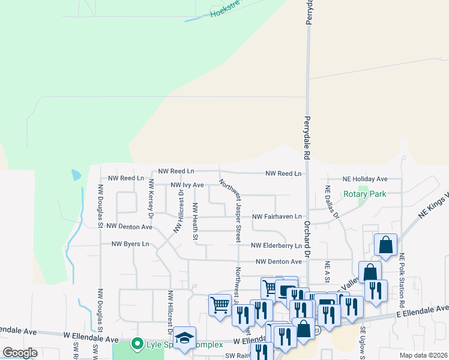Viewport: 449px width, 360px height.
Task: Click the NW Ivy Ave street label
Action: [187, 185]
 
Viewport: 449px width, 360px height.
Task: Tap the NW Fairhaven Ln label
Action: [276, 217]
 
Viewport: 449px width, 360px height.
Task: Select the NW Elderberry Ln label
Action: [276, 245]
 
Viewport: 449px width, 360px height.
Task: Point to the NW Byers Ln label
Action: [130, 244]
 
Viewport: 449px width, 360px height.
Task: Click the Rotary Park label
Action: [364, 194]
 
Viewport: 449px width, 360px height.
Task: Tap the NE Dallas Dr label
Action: [332, 202]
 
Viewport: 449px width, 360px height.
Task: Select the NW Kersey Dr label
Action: [151, 198]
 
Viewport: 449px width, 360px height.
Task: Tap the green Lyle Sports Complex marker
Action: [137, 344]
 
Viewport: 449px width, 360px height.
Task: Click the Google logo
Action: [20, 353]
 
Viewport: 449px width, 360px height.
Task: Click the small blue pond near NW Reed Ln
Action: [76, 175]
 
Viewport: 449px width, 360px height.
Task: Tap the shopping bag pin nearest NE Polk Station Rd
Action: [385, 244]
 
